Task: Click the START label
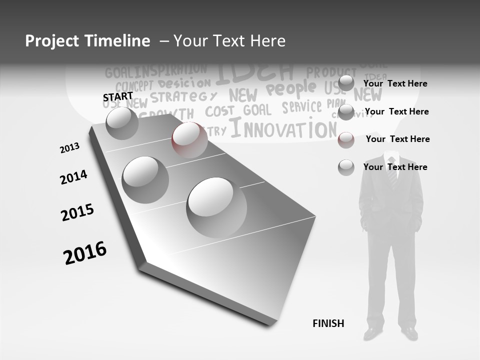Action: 118,96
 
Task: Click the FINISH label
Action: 328,323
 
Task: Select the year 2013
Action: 69,148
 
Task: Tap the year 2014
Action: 73,177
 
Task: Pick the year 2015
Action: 77,212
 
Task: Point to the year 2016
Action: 85,252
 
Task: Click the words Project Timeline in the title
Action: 87,41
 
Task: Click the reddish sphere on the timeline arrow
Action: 189,139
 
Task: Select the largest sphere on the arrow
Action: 216,207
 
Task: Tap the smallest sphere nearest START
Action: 122,123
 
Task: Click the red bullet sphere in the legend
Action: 346,140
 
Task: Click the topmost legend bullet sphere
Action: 346,83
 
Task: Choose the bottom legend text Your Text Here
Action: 395,167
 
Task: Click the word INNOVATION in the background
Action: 283,128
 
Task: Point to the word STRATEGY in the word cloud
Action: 184,96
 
